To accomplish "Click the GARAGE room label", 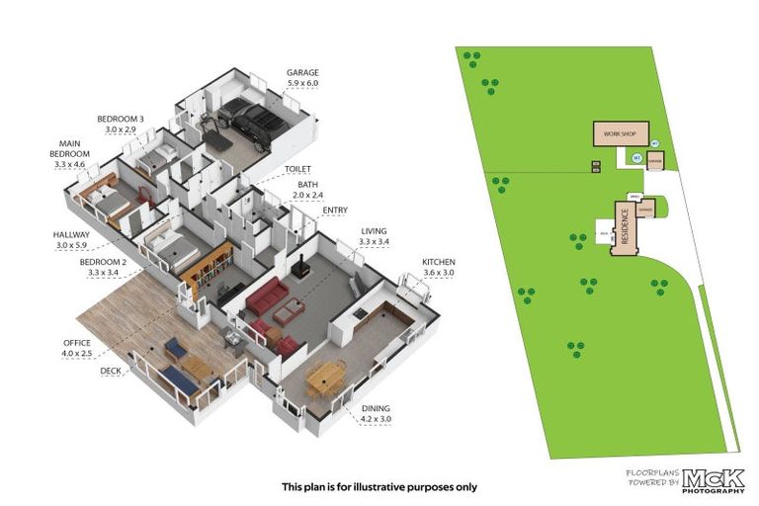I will (302, 72).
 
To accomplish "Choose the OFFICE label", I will (76, 343).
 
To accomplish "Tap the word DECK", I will (111, 372).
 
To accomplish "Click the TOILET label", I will (297, 169).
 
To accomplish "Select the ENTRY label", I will (335, 210).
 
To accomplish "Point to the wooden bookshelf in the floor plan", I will (213, 268).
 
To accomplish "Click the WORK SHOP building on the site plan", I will (614, 134).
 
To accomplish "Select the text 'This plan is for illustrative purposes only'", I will (379, 486).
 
